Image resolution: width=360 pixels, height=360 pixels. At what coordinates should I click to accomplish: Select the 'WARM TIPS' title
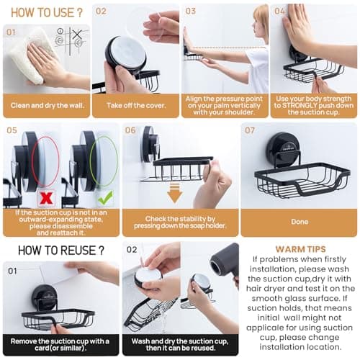pyautogui.click(x=300, y=249)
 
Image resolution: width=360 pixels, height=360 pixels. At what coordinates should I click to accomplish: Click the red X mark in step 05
pyautogui.click(x=48, y=196)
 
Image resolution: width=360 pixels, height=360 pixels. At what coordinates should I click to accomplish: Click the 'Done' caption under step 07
pyautogui.click(x=299, y=222)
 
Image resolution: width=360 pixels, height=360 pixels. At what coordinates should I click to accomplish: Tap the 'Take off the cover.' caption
pyautogui.click(x=136, y=105)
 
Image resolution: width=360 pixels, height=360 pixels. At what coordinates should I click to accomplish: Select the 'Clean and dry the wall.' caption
pyautogui.click(x=47, y=105)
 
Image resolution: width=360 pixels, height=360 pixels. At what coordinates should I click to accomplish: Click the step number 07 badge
pyautogui.click(x=250, y=130)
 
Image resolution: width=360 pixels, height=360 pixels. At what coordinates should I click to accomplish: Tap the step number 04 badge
pyautogui.click(x=279, y=12)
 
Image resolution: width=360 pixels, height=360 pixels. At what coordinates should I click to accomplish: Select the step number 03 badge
pyautogui.click(x=191, y=12)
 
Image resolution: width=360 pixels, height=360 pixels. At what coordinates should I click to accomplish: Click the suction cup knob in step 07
pyautogui.click(x=282, y=148)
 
